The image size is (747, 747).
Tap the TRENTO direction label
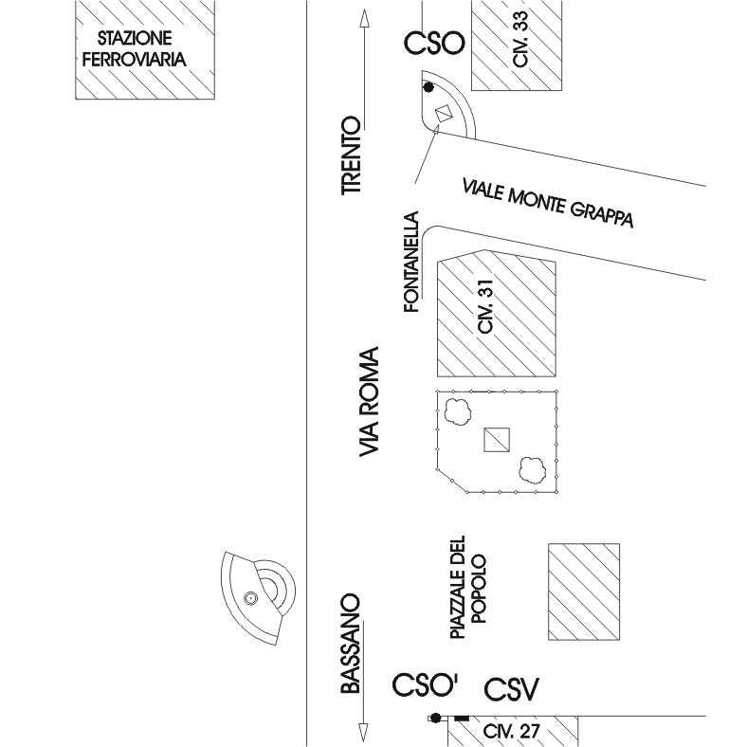point(353,155)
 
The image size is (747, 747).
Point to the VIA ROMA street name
point(370,403)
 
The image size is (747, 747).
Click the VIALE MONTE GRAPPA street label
point(547,202)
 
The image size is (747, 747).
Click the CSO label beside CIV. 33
point(434,43)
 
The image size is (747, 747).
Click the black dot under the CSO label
point(428,87)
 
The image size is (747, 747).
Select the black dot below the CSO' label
point(435,718)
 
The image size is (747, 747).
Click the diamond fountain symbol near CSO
point(442,114)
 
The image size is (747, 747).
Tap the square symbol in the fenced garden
point(497,440)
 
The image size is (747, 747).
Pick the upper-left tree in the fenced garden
point(459,412)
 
